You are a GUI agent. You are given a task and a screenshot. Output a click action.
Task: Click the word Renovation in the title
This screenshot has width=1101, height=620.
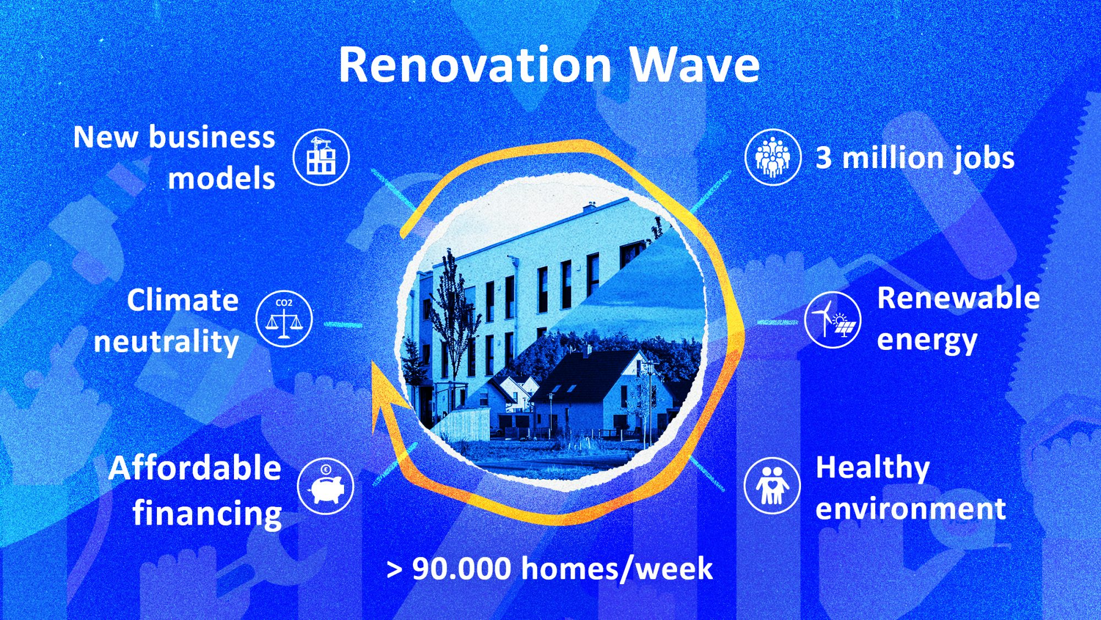[475, 65]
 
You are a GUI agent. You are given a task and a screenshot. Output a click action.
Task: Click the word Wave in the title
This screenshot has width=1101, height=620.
[695, 65]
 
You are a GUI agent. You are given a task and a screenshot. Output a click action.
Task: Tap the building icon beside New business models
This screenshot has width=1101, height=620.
[321, 157]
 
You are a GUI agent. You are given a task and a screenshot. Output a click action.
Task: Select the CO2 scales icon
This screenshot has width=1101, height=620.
[284, 319]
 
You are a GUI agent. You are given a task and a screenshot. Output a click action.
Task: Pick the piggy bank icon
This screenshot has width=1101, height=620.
[326, 486]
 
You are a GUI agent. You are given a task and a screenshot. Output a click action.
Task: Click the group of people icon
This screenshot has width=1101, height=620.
[773, 157]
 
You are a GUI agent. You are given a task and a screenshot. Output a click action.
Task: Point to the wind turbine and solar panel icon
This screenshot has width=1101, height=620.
[832, 320]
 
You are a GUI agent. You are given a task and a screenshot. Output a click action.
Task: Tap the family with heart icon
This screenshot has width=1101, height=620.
[772, 486]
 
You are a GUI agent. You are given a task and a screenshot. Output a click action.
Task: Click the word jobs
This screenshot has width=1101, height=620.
[984, 159]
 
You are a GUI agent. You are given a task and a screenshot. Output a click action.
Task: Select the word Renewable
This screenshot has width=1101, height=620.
[958, 298]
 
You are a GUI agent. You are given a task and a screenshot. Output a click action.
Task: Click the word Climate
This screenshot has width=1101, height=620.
[183, 300]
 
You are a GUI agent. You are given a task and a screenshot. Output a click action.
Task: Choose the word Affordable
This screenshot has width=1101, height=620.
[195, 468]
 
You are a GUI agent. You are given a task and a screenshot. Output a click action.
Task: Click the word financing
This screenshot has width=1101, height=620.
[208, 514]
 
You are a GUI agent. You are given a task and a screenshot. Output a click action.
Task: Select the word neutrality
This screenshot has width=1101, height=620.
[166, 342]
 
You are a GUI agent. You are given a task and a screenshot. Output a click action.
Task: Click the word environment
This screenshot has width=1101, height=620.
[911, 509]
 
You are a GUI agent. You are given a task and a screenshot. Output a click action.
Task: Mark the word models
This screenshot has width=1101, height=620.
[221, 179]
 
